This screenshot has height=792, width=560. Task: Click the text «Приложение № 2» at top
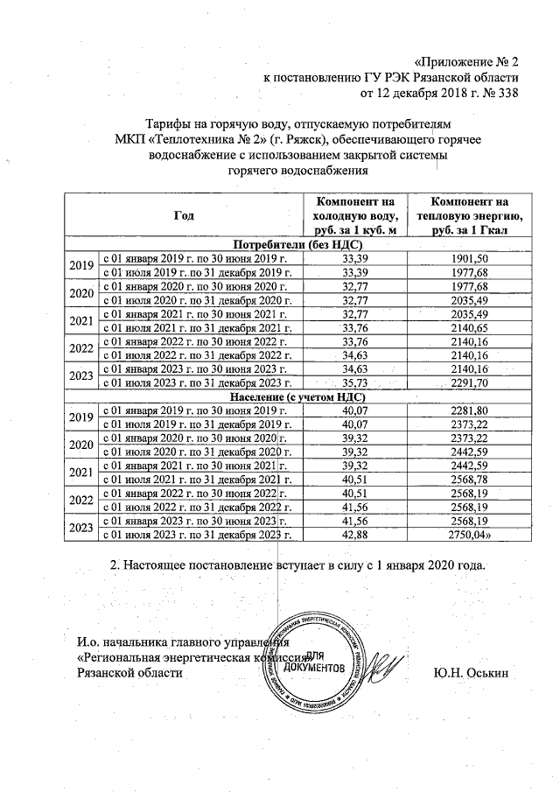465,61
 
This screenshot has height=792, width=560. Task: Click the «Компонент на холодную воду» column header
356,215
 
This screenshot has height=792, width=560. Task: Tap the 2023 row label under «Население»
80,527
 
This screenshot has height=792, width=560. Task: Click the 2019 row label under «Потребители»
80,266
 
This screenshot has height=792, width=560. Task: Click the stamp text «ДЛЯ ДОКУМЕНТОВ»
321,662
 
